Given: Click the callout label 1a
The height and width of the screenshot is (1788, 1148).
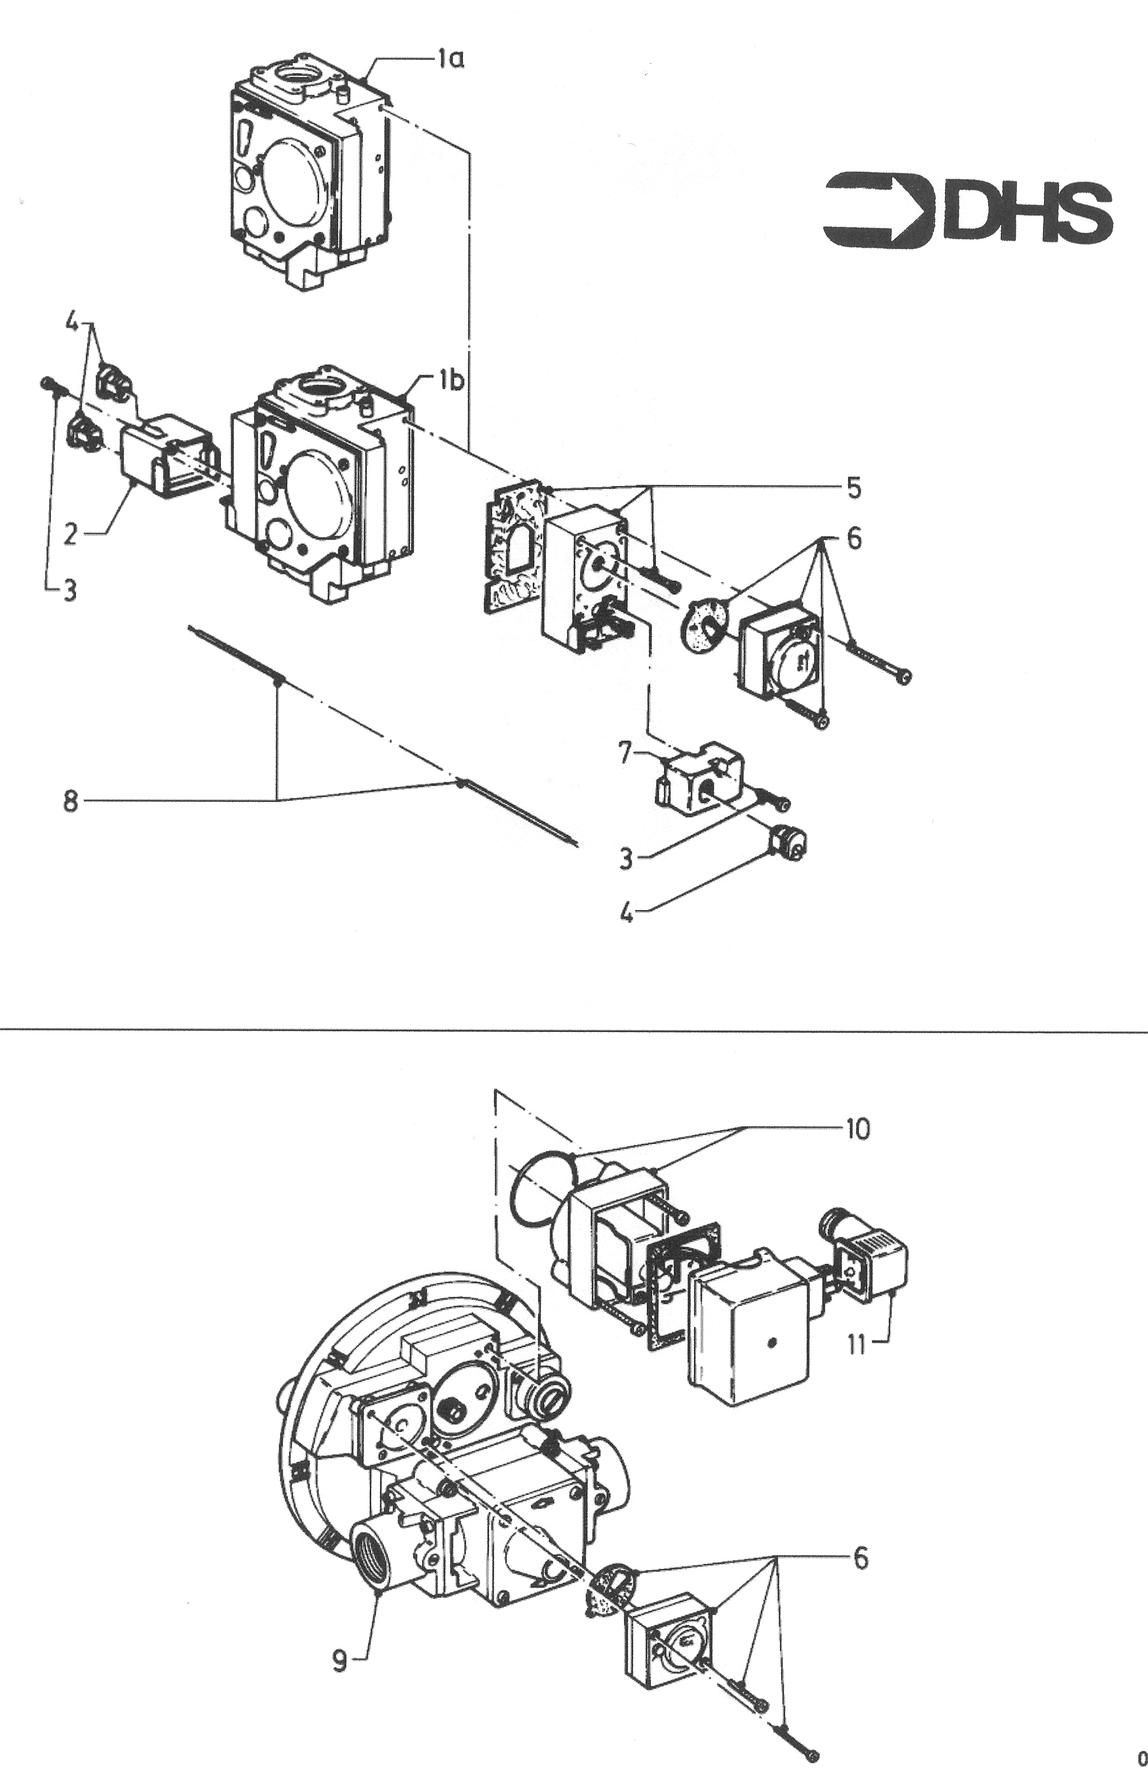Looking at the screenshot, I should click(x=450, y=58).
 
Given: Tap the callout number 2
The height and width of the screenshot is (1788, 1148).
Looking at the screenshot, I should click(x=70, y=534).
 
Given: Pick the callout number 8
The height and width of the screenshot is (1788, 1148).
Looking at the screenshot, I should click(x=70, y=803).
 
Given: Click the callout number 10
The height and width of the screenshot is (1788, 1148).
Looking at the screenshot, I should click(x=857, y=1129).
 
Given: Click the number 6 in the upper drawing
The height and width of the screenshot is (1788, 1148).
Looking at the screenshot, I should click(x=854, y=538).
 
